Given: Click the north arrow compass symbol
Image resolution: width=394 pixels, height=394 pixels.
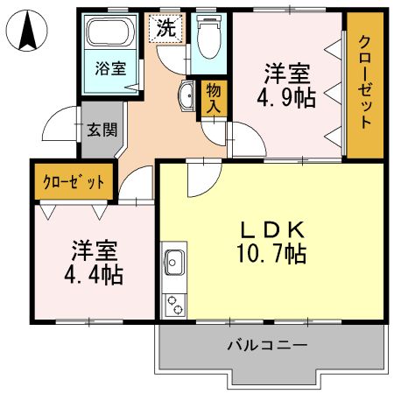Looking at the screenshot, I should (25, 32).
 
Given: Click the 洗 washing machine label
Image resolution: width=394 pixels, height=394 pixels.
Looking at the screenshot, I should (165, 27).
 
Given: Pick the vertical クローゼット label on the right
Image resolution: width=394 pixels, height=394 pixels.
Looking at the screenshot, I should (365, 83).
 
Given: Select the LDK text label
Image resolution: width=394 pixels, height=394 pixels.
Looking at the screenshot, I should (271, 230).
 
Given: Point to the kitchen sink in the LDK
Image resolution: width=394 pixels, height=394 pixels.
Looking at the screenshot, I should (173, 261).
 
